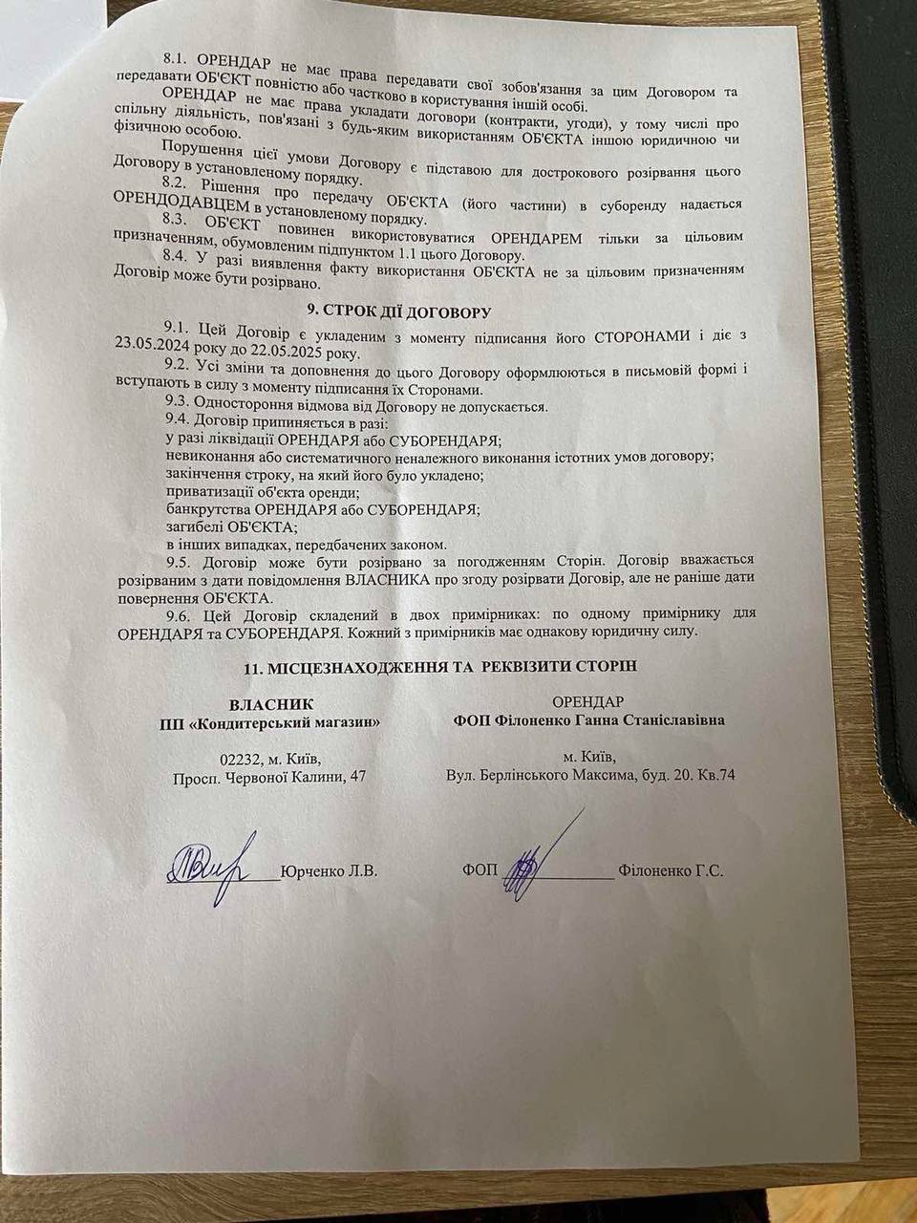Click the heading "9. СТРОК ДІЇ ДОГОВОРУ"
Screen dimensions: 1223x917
click(x=397, y=311)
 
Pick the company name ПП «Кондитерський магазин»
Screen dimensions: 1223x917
click(x=270, y=721)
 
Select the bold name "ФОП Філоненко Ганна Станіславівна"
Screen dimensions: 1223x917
click(x=588, y=719)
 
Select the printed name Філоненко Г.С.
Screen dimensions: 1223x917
click(x=671, y=871)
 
